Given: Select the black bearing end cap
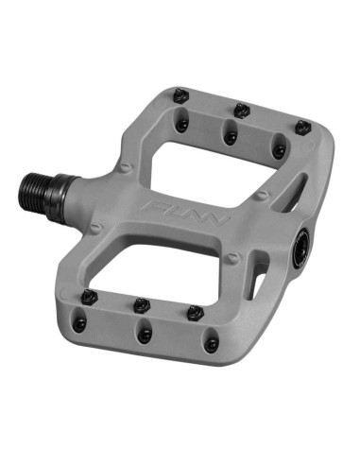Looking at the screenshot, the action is click(302, 249).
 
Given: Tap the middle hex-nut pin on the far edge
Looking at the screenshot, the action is click(242, 111).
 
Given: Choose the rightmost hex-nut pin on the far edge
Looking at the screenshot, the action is click(303, 128).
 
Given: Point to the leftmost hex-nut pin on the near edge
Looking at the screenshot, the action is click(90, 297).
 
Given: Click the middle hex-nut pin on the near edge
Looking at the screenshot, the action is click(142, 305).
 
